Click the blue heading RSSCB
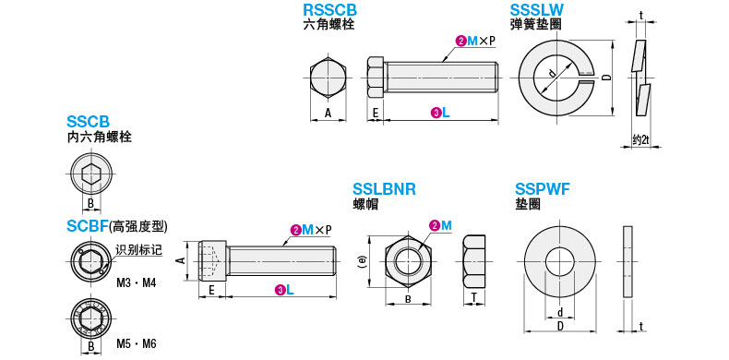(x=329, y=10)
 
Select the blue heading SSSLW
(x=537, y=10)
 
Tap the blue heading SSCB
(x=89, y=122)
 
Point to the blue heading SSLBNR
(x=384, y=189)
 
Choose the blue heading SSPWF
(x=543, y=189)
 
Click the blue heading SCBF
(x=88, y=226)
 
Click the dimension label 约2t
(x=640, y=139)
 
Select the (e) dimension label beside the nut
(x=363, y=262)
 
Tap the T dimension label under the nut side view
(x=473, y=297)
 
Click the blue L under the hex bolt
(x=446, y=112)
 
